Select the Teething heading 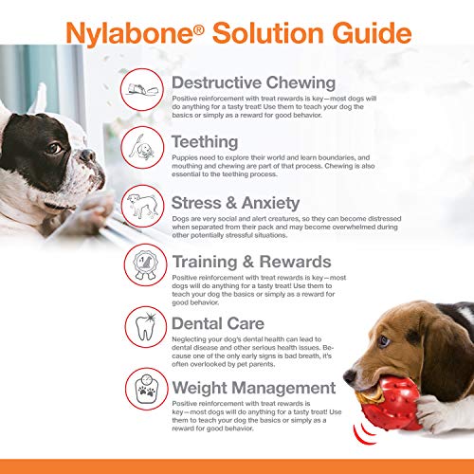click(204, 141)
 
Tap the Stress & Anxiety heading click(234, 203)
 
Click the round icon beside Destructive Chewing click(142, 91)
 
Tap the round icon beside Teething click(142, 150)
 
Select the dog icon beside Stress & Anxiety click(142, 210)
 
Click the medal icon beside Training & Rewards click(142, 269)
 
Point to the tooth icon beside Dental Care click(142, 330)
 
